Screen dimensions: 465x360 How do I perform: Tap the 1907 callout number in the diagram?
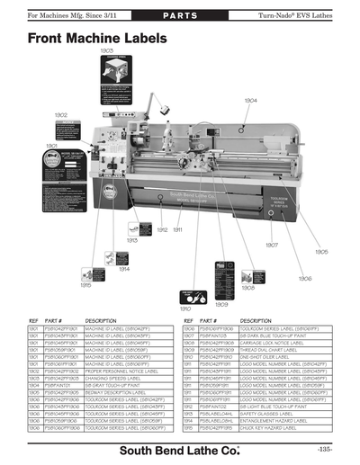pos(271,244)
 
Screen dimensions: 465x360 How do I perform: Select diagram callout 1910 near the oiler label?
pos(184,309)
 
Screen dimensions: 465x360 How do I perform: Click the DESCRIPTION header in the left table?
pos(101,320)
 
